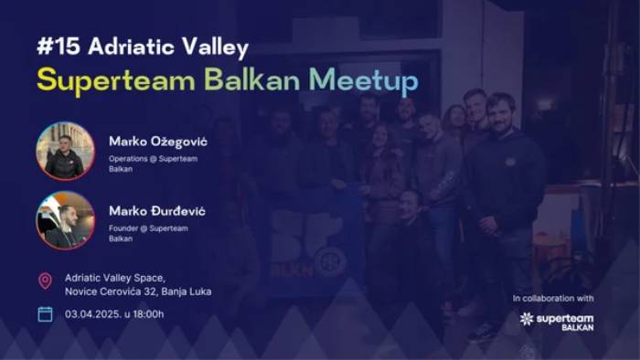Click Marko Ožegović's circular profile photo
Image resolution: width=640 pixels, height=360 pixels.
pos(65,151)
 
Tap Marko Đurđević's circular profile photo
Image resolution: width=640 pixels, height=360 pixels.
pos(65,220)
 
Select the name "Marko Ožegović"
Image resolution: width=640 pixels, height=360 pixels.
pos(158,141)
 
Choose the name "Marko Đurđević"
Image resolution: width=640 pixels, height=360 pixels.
pos(157,211)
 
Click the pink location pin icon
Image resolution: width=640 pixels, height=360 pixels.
pos(45,281)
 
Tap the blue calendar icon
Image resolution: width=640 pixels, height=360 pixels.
pos(45,314)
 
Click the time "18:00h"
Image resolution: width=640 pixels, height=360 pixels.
pos(147,314)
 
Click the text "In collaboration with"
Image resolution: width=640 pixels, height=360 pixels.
pos(552,298)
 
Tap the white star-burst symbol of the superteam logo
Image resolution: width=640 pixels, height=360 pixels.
pos(526,319)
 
